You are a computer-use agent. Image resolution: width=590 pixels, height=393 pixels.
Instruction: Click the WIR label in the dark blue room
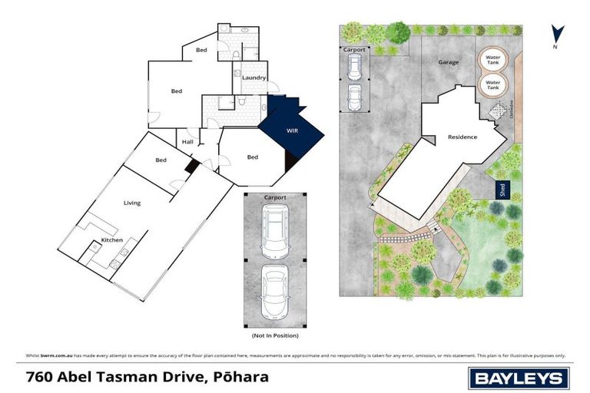(x=292, y=131)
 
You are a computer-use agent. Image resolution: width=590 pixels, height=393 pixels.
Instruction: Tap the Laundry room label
(x=254, y=78)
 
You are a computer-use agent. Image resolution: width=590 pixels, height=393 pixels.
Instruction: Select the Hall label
(x=187, y=141)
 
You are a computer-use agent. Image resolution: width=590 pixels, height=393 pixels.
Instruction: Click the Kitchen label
(x=112, y=241)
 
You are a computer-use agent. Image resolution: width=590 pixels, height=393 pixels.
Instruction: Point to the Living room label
(x=132, y=203)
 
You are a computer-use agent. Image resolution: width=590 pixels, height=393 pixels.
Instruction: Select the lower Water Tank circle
(x=493, y=84)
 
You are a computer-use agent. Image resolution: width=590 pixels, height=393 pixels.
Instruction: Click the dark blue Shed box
(x=501, y=188)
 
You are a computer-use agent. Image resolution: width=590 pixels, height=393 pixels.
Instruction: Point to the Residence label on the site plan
(x=462, y=137)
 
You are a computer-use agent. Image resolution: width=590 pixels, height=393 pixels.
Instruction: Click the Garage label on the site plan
(x=448, y=61)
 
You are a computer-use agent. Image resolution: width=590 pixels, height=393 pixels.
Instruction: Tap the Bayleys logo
(x=519, y=378)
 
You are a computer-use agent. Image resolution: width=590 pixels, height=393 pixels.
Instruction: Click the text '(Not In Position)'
(x=275, y=335)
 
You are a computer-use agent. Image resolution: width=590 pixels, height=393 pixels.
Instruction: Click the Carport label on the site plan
(x=354, y=49)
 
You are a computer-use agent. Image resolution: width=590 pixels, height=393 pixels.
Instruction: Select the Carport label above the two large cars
(x=275, y=198)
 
